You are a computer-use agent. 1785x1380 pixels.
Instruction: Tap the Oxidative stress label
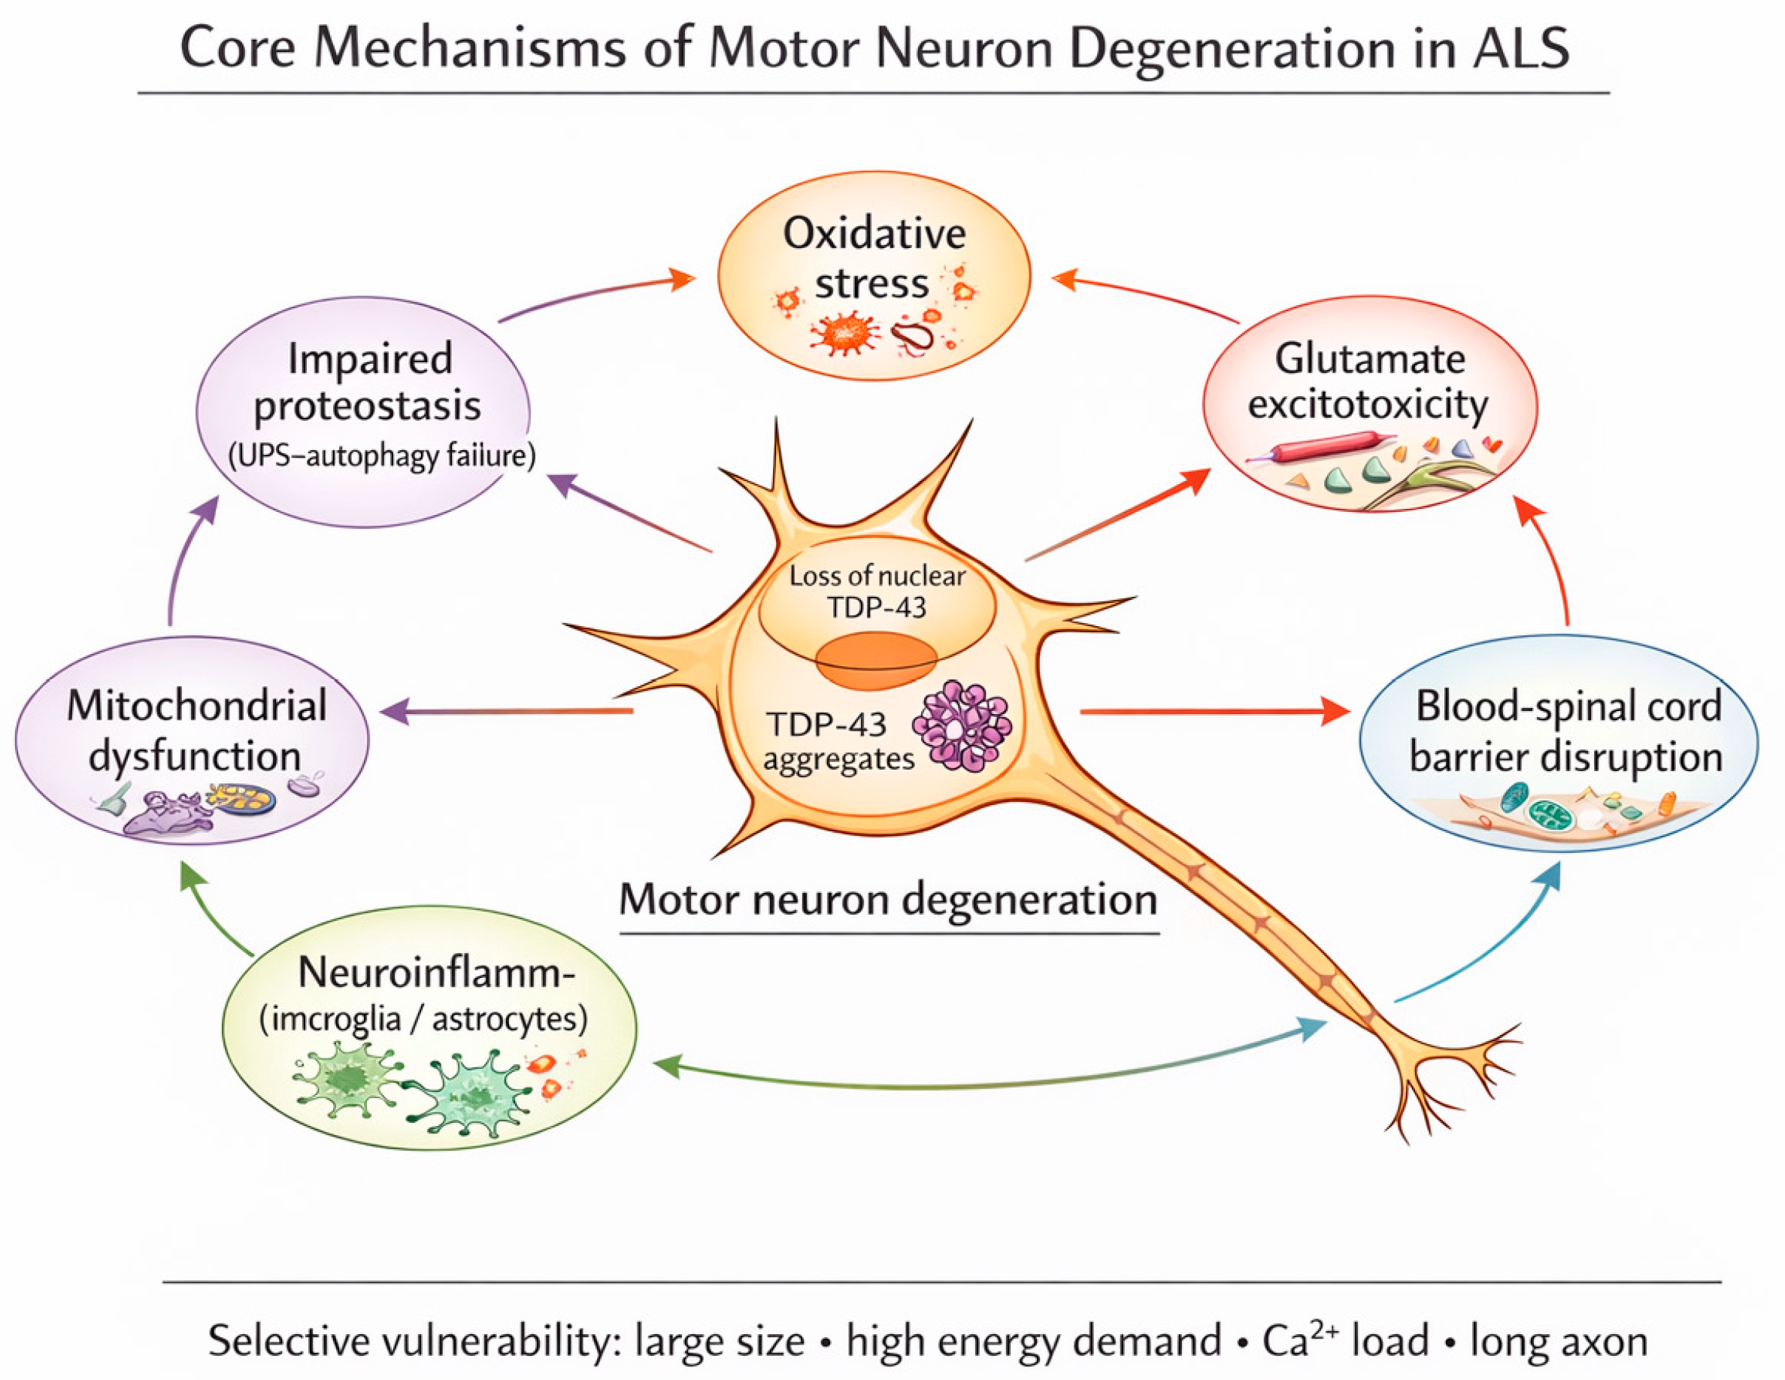click(873, 259)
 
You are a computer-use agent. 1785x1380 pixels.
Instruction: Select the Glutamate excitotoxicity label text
click(1369, 382)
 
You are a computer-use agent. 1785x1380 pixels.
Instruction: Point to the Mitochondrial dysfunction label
click(196, 730)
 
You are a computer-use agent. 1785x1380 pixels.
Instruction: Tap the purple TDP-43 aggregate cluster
click(962, 725)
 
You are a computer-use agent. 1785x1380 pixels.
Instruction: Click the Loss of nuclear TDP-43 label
click(877, 591)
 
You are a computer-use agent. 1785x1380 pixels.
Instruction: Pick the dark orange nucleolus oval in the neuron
click(876, 659)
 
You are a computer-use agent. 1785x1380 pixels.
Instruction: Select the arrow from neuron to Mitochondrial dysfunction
click(507, 712)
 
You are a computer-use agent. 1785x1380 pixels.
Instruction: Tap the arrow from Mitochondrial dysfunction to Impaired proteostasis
click(184, 564)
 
